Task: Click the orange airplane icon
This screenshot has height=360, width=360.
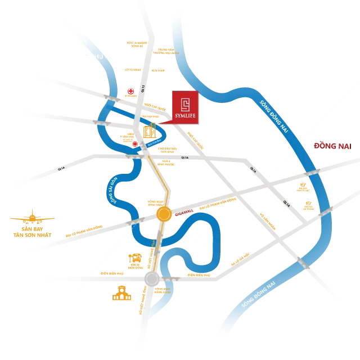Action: click(x=33, y=218)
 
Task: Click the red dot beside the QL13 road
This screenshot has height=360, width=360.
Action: click(x=130, y=91)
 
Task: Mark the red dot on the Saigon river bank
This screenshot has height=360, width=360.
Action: click(x=134, y=145)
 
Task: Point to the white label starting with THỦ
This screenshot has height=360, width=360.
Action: click(x=99, y=56)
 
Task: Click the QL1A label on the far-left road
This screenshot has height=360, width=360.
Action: click(x=61, y=167)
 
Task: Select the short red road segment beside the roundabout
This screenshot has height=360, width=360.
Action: click(x=183, y=212)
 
